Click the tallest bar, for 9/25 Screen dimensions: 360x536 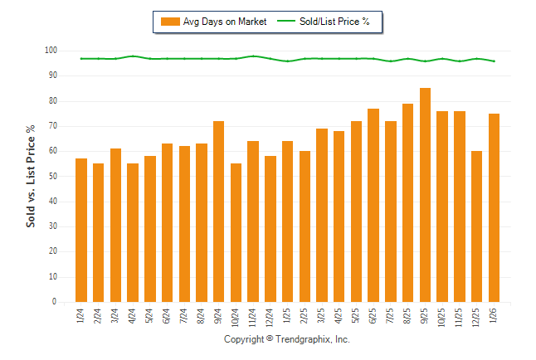click(426, 195)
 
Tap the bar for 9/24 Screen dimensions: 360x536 click(219, 212)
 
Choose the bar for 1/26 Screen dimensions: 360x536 click(494, 207)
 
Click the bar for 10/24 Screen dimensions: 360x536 click(236, 232)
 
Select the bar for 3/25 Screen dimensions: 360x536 click(322, 216)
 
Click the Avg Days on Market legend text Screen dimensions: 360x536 click(226, 22)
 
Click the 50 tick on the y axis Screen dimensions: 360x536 click(51, 177)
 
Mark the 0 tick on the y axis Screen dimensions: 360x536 click(54, 302)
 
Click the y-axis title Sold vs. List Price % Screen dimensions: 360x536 click(31, 176)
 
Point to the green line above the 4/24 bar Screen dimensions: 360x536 click(133, 56)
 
